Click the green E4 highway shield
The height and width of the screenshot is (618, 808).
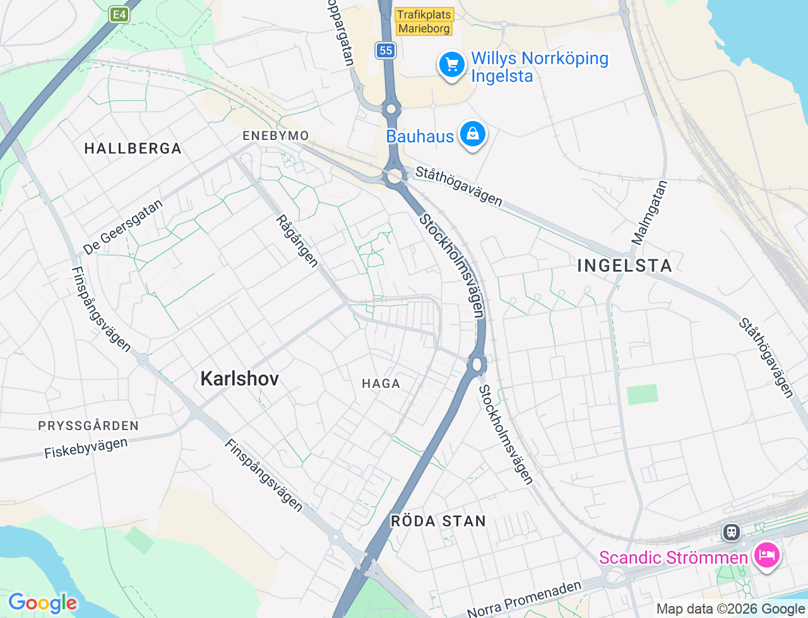pyautogui.click(x=119, y=15)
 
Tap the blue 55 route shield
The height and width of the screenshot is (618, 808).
pyautogui.click(x=386, y=50)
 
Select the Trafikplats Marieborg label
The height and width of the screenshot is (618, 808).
pyautogui.click(x=424, y=21)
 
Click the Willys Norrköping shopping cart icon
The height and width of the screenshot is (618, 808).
pyautogui.click(x=452, y=64)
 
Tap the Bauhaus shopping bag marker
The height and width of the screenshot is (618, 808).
pyautogui.click(x=472, y=134)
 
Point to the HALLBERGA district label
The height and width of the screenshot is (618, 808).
pyautogui.click(x=133, y=149)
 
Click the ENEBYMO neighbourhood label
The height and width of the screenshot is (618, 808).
pyautogui.click(x=276, y=136)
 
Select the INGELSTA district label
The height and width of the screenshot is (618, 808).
pyautogui.click(x=624, y=265)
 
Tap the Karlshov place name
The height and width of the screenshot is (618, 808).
pyautogui.click(x=239, y=378)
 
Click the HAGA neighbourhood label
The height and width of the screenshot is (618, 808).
pyautogui.click(x=381, y=383)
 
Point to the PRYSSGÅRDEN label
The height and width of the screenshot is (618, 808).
pyautogui.click(x=88, y=426)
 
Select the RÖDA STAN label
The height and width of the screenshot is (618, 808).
pyautogui.click(x=439, y=521)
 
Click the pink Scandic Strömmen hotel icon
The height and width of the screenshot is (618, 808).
pyautogui.click(x=766, y=556)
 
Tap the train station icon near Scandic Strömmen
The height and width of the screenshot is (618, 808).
pyautogui.click(x=732, y=532)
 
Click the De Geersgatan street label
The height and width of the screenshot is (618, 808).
pyautogui.click(x=123, y=227)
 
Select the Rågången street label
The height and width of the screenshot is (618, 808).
pyautogui.click(x=297, y=241)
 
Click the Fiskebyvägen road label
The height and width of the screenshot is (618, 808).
pyautogui.click(x=86, y=448)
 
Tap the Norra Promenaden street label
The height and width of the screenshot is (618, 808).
pyautogui.click(x=524, y=599)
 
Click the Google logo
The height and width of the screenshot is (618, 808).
pyautogui.click(x=42, y=603)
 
